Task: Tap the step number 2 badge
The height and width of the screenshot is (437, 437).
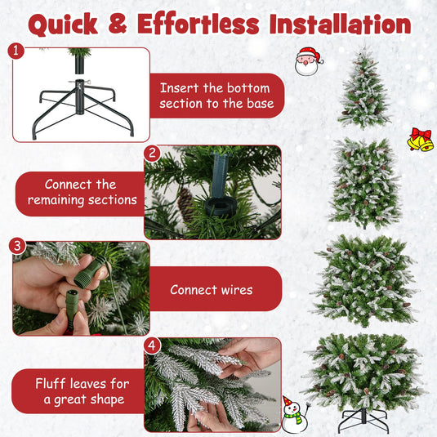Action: pyautogui.click(x=151, y=153)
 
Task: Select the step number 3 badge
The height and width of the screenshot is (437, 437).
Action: pyautogui.click(x=16, y=246)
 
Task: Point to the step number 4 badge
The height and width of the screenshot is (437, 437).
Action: pyautogui.click(x=151, y=346)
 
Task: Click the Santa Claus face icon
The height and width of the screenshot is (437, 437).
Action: pyautogui.click(x=308, y=61)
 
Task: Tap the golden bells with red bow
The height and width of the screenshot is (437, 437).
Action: pyautogui.click(x=420, y=140)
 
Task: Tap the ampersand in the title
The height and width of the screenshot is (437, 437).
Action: pyautogui.click(x=119, y=24)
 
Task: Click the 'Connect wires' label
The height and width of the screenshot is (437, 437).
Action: pyautogui.click(x=211, y=289)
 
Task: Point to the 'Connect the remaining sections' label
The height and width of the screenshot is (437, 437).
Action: pyautogui.click(x=80, y=193)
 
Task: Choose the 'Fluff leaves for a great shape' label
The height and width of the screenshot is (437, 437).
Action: pyautogui.click(x=80, y=390)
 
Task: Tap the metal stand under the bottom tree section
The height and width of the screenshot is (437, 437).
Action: pyautogui.click(x=363, y=419)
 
